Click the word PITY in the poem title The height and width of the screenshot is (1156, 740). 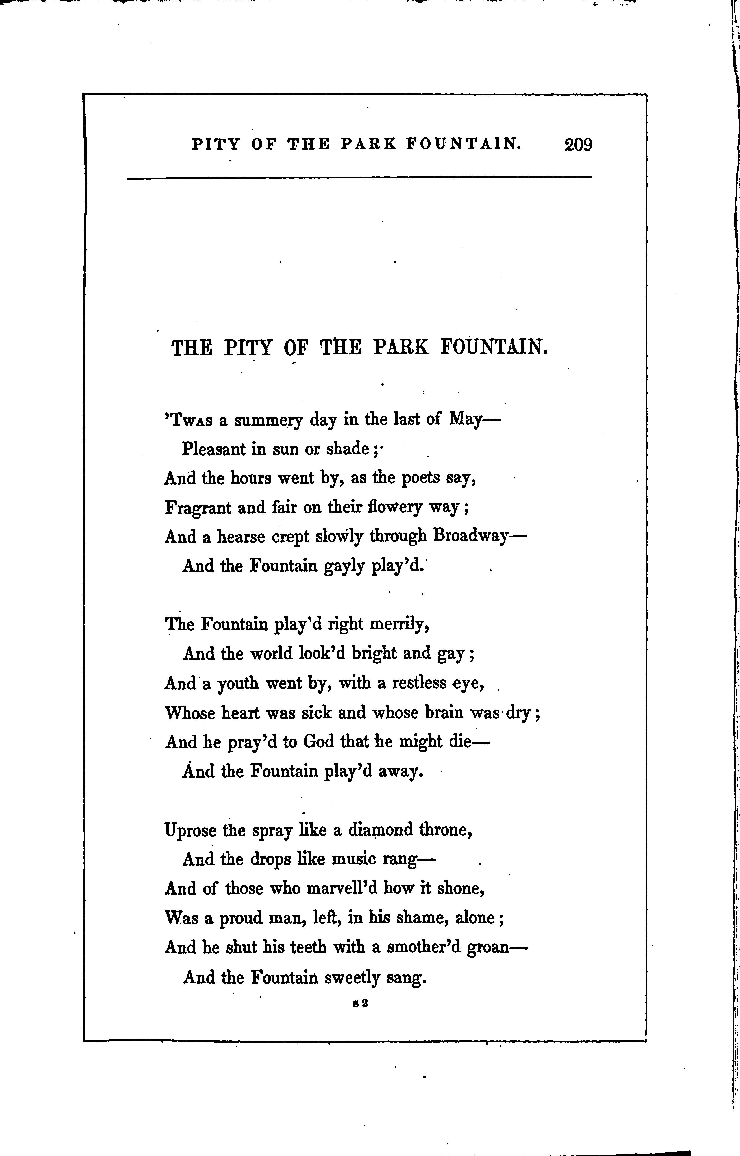pyautogui.click(x=248, y=347)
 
